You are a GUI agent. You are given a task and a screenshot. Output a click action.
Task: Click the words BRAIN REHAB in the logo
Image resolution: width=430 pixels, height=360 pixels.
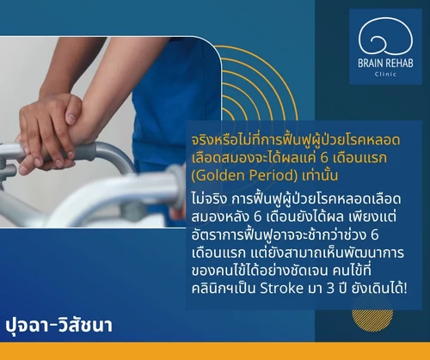(385, 64)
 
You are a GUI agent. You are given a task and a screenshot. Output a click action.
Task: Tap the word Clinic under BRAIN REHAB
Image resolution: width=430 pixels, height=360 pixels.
(385, 74)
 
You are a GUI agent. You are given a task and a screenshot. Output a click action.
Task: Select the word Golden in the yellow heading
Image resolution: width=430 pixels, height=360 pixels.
(224, 175)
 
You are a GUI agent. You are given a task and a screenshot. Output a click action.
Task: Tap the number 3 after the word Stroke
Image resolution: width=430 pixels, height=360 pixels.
(330, 289)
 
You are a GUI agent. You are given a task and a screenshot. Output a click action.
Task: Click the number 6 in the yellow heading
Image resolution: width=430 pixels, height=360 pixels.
(324, 157)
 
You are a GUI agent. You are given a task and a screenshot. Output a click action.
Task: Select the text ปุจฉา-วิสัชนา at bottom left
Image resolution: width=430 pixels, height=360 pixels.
(58, 326)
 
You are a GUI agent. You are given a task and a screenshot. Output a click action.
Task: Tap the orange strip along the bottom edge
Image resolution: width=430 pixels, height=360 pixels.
(215, 351)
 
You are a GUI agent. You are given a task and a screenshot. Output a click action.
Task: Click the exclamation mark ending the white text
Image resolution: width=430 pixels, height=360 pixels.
(405, 288)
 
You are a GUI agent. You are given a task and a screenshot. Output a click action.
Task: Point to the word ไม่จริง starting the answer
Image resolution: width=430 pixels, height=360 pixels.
(209, 198)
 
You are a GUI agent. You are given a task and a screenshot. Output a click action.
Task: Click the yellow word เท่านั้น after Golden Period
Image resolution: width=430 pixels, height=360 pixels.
(320, 174)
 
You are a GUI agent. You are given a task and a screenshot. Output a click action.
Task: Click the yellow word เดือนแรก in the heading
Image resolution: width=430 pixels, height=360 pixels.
(359, 157)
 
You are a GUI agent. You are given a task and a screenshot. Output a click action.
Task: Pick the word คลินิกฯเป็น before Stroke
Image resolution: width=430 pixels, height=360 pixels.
(224, 287)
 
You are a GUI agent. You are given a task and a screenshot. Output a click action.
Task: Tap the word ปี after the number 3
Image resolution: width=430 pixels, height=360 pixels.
(342, 287)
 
